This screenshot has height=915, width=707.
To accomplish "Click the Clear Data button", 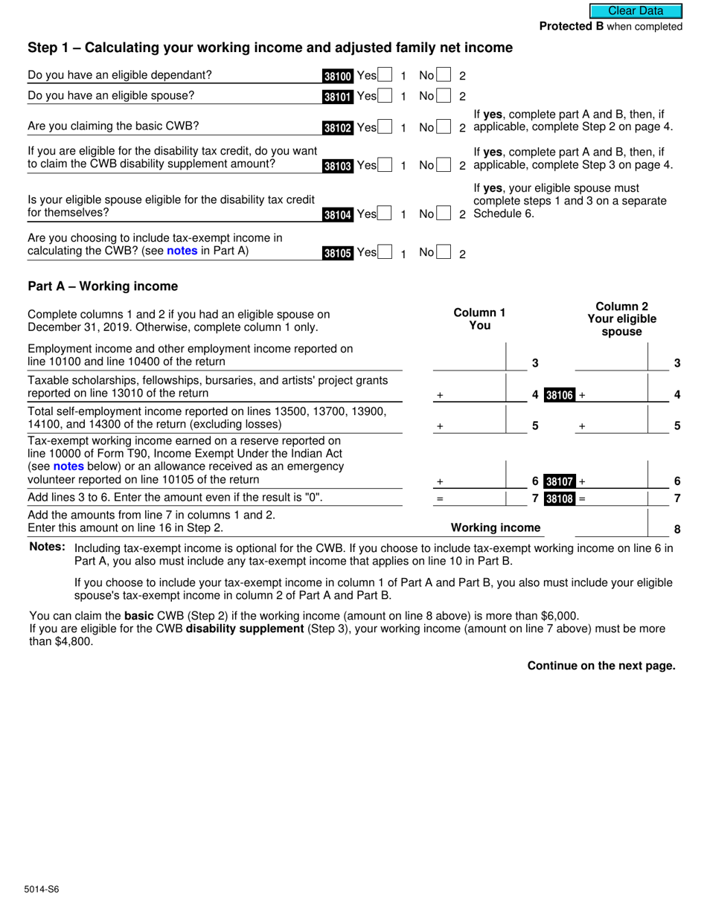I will [636, 11].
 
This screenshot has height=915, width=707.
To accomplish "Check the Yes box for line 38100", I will [386, 75].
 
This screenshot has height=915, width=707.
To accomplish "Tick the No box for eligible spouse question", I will [444, 96].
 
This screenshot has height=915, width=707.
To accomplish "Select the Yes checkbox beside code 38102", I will [386, 127].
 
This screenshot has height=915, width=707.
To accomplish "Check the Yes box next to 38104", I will [386, 214].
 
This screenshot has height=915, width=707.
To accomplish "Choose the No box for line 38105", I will [444, 252].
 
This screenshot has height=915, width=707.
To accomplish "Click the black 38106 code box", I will [560, 395].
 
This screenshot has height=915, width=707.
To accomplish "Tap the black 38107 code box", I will [560, 481].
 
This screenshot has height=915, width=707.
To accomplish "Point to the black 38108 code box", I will [560, 499].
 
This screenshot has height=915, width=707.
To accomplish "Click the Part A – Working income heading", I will [103, 286].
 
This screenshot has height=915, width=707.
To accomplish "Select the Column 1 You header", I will [480, 318].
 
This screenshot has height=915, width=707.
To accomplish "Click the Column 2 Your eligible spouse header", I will [621, 318].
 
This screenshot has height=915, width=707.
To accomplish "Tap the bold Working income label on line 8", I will [496, 528].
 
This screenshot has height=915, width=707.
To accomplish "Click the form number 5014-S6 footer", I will [42, 889].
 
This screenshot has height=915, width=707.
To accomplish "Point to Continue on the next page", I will [601, 666].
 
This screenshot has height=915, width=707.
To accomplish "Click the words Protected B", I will [571, 27].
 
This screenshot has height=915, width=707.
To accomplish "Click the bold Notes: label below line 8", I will [47, 548].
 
